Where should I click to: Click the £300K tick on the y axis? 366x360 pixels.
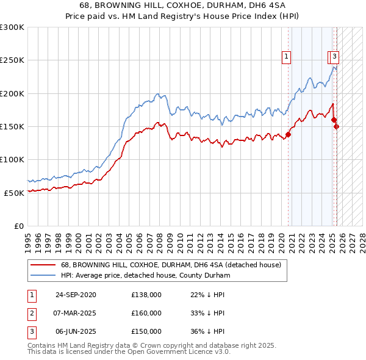(12, 27)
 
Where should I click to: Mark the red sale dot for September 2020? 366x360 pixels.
(289, 135)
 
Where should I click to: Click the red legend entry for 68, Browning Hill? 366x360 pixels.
(171, 265)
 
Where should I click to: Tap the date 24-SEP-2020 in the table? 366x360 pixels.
(76, 295)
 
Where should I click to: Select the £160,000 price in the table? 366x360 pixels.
(146, 313)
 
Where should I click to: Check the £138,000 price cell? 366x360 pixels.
(146, 295)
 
